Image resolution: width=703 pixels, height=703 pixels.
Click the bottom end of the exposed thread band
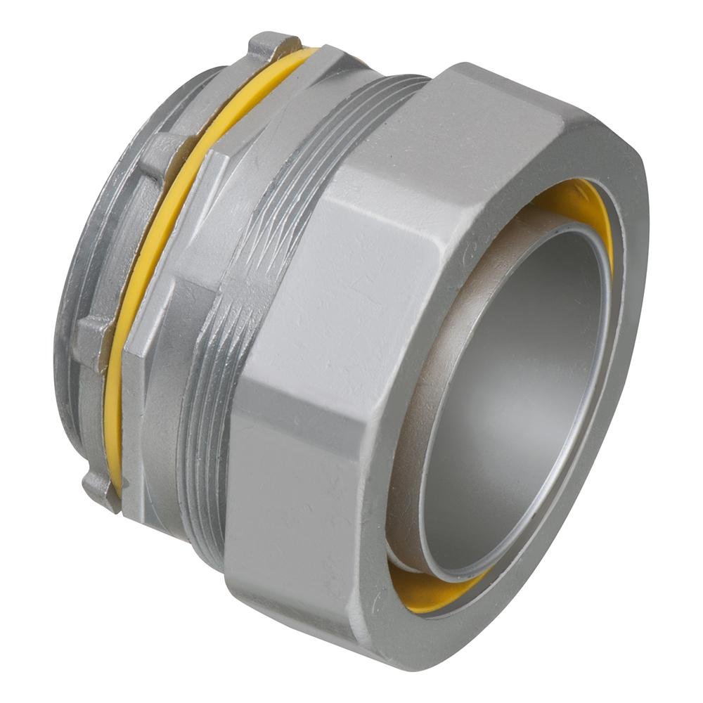[x=204, y=520]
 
